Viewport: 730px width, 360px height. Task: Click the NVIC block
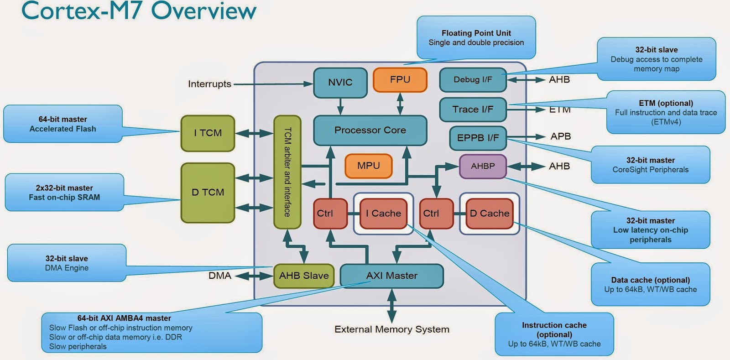(340, 83)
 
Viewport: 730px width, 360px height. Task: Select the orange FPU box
(400, 80)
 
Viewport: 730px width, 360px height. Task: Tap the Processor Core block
(370, 130)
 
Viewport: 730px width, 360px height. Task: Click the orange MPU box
(368, 166)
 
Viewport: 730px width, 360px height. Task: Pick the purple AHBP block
(483, 166)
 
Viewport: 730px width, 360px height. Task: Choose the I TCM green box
(208, 133)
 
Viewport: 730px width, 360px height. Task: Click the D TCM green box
(208, 193)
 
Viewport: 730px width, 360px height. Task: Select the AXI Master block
(391, 276)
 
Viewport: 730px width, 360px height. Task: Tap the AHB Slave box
(304, 276)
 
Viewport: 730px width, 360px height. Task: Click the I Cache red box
(383, 214)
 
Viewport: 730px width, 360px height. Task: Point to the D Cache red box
(489, 214)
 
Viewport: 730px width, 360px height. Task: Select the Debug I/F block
(473, 80)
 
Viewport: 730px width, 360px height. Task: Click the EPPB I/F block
(478, 138)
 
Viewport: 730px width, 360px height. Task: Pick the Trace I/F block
(473, 110)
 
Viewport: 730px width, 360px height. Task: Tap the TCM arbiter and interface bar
(287, 172)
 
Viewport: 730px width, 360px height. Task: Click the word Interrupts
(209, 84)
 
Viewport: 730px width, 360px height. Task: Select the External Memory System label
(391, 329)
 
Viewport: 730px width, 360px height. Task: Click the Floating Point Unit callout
(476, 38)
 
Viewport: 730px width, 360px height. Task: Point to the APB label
(560, 136)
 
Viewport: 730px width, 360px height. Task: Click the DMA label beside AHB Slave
(219, 276)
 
